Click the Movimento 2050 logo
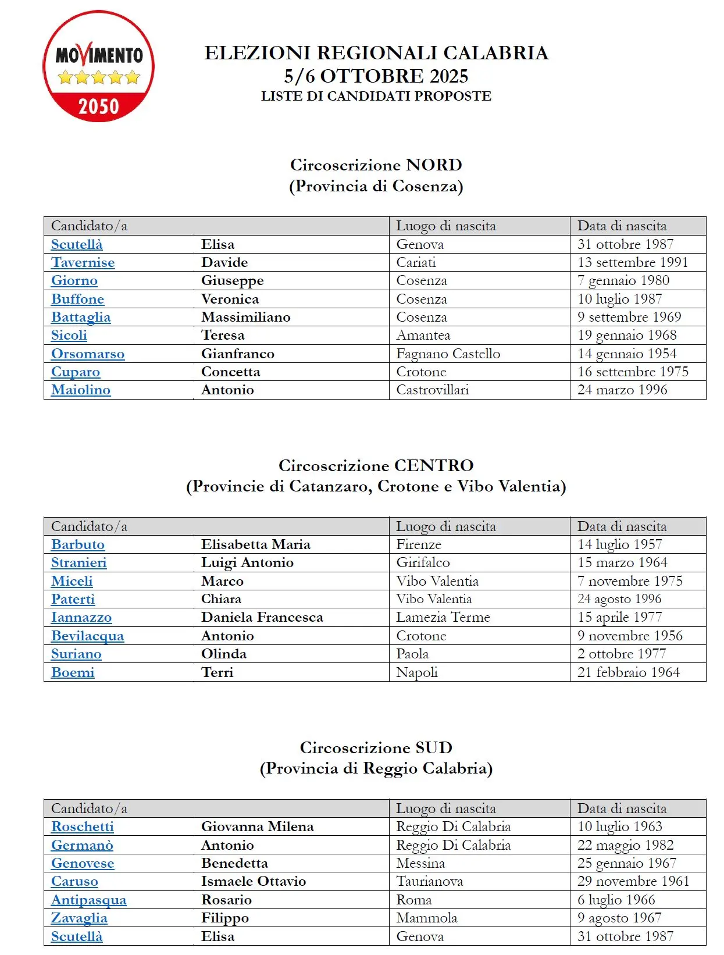coord(99,66)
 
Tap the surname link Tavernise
coord(83,263)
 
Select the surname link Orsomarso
coord(88,354)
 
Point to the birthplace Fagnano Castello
coord(448,354)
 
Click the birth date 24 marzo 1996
coord(622,390)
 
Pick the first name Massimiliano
coord(245,318)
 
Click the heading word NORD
coord(434,165)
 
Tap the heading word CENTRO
coord(434,466)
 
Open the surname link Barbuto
coord(78,545)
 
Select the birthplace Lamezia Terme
coord(443,618)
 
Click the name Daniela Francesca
coord(262,618)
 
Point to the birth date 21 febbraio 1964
coord(629,673)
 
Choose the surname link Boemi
coord(73,673)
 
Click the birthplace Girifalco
coord(423,563)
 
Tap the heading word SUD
coord(434,748)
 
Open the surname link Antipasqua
coord(88,900)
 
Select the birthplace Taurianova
coord(430,882)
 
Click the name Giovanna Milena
coord(257,827)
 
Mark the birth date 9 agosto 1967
coord(619,918)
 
